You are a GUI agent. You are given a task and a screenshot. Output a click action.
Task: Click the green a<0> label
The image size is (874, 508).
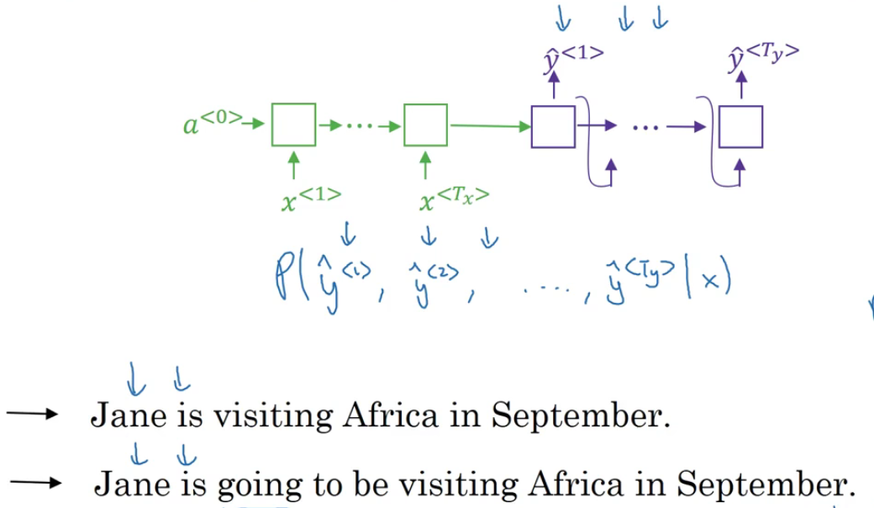pos(212,124)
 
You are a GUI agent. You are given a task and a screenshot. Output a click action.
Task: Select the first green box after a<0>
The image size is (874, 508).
pos(293,125)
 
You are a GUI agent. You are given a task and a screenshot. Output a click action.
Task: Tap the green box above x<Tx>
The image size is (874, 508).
pos(425,125)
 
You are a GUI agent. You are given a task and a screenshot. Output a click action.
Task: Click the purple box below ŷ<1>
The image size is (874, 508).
pos(553,127)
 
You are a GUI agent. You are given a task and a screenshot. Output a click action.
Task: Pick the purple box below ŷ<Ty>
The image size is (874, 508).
pos(740,127)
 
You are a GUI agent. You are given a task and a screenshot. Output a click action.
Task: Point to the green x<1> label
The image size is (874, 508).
pos(311,199)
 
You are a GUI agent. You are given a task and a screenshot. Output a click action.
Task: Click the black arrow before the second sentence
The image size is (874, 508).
pos(36,483)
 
